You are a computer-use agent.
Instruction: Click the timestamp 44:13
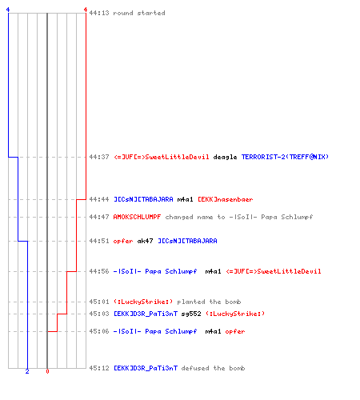99,13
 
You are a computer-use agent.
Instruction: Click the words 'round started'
139,13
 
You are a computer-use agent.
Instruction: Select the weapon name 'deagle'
225,157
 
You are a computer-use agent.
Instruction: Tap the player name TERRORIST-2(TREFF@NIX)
285,157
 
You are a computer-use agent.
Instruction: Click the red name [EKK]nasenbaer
226,199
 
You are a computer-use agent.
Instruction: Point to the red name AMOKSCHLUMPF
137,217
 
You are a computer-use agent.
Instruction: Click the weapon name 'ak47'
145,241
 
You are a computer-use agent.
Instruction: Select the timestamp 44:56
99,271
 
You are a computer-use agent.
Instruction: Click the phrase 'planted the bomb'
209,302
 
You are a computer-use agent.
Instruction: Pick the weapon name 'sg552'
191,314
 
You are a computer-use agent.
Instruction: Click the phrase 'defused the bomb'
213,368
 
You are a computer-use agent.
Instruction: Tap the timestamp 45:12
99,368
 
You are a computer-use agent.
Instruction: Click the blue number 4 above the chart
8,10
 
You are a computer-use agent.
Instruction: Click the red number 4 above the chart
86,10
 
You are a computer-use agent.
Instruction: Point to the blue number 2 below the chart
27,371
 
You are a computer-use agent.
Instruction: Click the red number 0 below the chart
47,371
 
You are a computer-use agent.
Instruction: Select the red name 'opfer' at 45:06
235,331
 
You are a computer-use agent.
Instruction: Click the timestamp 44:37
99,157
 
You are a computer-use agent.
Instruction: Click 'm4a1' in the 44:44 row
185,199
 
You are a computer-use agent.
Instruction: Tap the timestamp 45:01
99,302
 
